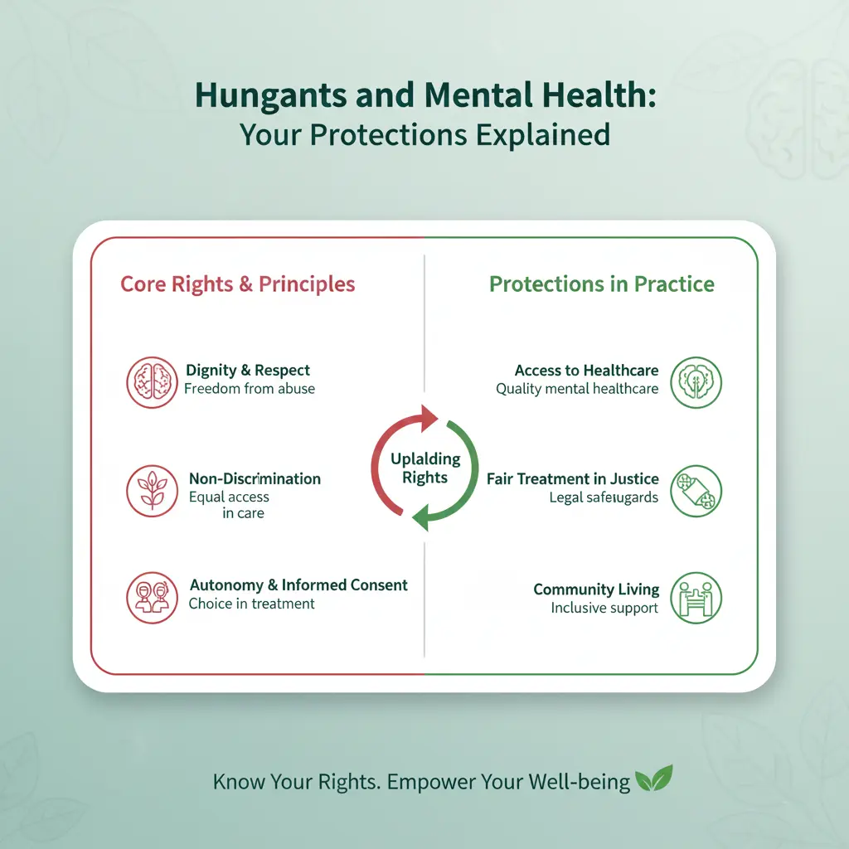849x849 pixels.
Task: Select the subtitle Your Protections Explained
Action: click(424, 133)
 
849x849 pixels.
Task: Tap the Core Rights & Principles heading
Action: click(238, 284)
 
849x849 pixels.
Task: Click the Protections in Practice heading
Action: click(601, 284)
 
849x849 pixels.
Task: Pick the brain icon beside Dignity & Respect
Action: click(152, 381)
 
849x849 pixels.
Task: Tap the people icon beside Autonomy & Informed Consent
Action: click(152, 597)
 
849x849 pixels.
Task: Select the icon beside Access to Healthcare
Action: click(696, 381)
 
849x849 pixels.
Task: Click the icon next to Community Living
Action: click(696, 597)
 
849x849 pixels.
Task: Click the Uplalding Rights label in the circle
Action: click(424, 468)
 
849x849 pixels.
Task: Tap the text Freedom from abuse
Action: click(250, 388)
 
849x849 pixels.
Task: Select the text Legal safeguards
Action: click(604, 497)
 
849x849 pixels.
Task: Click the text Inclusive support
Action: click(604, 608)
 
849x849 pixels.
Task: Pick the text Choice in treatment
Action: click(251, 604)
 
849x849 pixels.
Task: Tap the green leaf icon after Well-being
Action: click(653, 779)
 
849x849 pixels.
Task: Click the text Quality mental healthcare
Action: click(577, 389)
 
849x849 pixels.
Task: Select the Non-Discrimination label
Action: click(255, 478)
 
